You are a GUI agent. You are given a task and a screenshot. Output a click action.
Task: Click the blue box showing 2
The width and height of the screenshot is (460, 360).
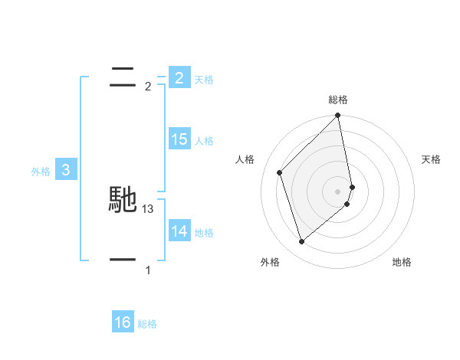pyautogui.click(x=179, y=77)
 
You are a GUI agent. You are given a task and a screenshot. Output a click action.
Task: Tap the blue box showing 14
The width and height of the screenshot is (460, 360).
pyautogui.click(x=179, y=231)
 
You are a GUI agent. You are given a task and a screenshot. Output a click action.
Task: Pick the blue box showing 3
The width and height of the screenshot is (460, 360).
pyautogui.click(x=66, y=170)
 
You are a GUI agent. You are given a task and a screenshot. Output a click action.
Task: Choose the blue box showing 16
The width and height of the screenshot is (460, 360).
pyautogui.click(x=123, y=322)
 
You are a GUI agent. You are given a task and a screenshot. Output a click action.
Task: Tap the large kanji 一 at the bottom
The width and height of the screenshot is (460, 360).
pyautogui.click(x=123, y=260)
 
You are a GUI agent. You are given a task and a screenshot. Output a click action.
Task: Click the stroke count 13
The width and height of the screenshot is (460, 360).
pyautogui.click(x=148, y=208)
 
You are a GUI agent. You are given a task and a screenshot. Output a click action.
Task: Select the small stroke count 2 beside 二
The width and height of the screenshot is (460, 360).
pyautogui.click(x=148, y=87)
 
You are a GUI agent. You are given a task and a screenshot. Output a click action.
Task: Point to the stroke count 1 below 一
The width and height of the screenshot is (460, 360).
pyautogui.click(x=148, y=270)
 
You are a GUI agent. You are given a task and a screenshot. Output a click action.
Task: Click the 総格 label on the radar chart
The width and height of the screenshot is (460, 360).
pyautogui.click(x=338, y=100)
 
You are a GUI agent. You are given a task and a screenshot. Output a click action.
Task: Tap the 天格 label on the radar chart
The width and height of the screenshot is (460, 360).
pyautogui.click(x=432, y=159)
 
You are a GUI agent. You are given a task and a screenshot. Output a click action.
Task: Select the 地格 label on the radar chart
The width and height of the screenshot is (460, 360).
pyautogui.click(x=402, y=262)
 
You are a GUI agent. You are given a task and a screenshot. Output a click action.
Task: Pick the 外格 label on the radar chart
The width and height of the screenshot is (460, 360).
pyautogui.click(x=270, y=262)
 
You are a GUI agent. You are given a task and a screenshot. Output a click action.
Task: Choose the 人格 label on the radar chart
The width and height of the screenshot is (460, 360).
pyautogui.click(x=245, y=159)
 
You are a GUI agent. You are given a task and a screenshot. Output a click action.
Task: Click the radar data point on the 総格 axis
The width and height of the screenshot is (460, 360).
pyautogui.click(x=338, y=116)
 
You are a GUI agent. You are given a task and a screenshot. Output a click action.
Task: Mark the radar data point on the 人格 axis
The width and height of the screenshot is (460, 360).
pyautogui.click(x=280, y=172)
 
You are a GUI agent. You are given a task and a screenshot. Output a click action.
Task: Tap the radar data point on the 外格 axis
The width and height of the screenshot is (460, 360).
pyautogui.click(x=302, y=242)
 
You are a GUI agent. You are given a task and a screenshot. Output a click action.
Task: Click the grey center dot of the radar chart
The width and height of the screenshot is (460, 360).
pyautogui.click(x=338, y=191)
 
